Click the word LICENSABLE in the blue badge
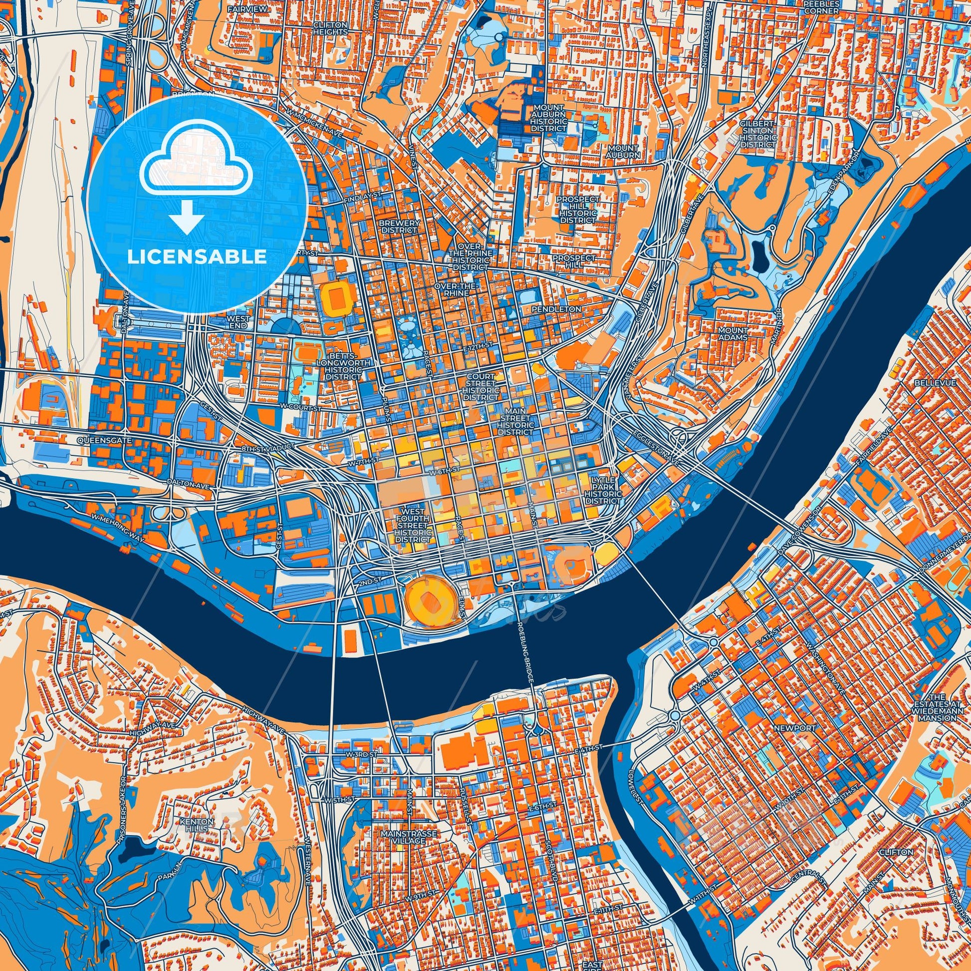(x=197, y=257)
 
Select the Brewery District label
(x=399, y=226)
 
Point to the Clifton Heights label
(x=330, y=27)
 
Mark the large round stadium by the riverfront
(x=429, y=600)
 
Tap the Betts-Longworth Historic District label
(x=343, y=366)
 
